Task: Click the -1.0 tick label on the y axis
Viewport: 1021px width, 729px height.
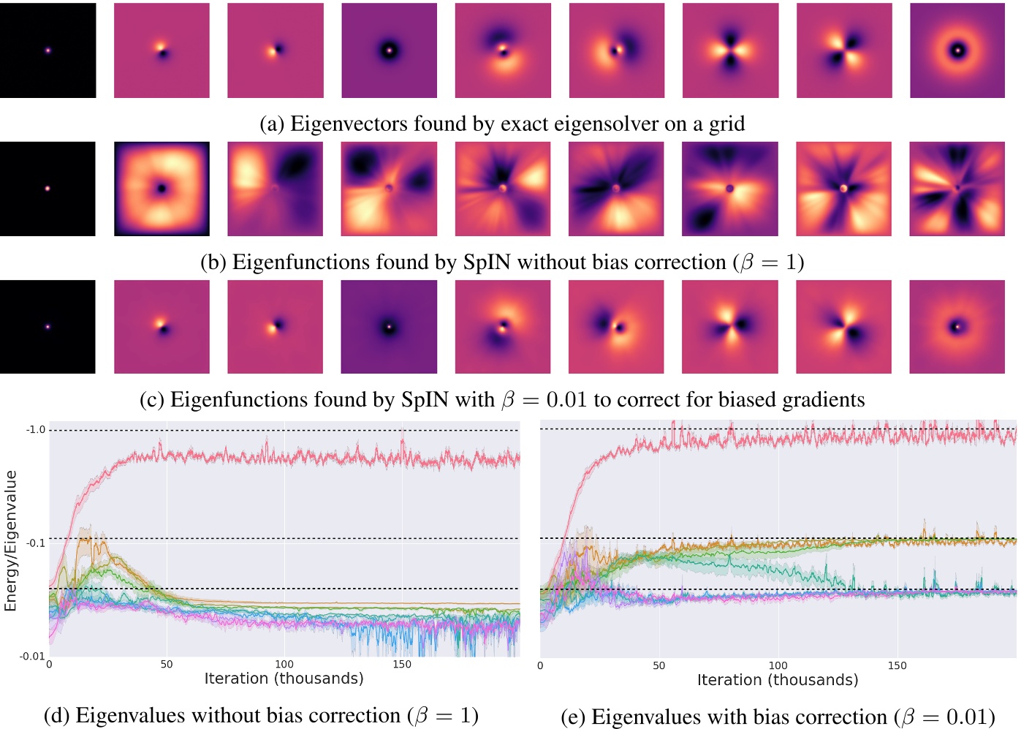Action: point(36,429)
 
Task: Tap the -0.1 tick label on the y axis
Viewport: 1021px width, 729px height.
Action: point(36,543)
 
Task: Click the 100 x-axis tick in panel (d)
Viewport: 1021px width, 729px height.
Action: point(284,665)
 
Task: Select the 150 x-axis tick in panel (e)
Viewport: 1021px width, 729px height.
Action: point(897,665)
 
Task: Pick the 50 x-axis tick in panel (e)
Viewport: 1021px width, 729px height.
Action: point(659,665)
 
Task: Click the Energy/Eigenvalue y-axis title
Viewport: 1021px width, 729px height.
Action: point(11,540)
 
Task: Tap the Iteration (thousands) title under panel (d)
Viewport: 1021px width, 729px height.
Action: point(284,679)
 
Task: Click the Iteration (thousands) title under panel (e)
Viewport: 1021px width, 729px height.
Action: point(778,680)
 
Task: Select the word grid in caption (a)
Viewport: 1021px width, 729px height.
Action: point(726,124)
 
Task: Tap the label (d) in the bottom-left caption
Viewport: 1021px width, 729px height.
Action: point(57,716)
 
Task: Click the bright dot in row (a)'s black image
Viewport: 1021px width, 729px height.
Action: point(48,50)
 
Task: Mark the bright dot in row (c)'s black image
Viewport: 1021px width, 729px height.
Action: point(48,327)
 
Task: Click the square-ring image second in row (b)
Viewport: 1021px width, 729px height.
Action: point(162,189)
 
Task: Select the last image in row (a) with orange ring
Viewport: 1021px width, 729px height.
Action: point(957,50)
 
